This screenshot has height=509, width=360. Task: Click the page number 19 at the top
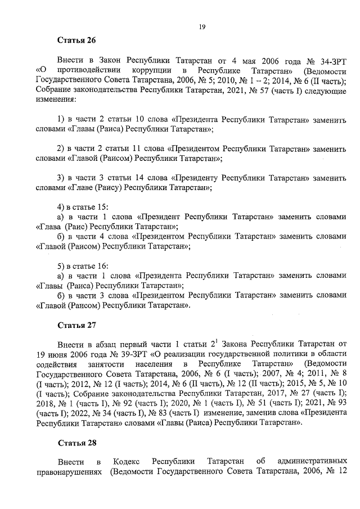click(x=202, y=26)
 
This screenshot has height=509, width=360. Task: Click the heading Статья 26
click(x=77, y=40)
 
